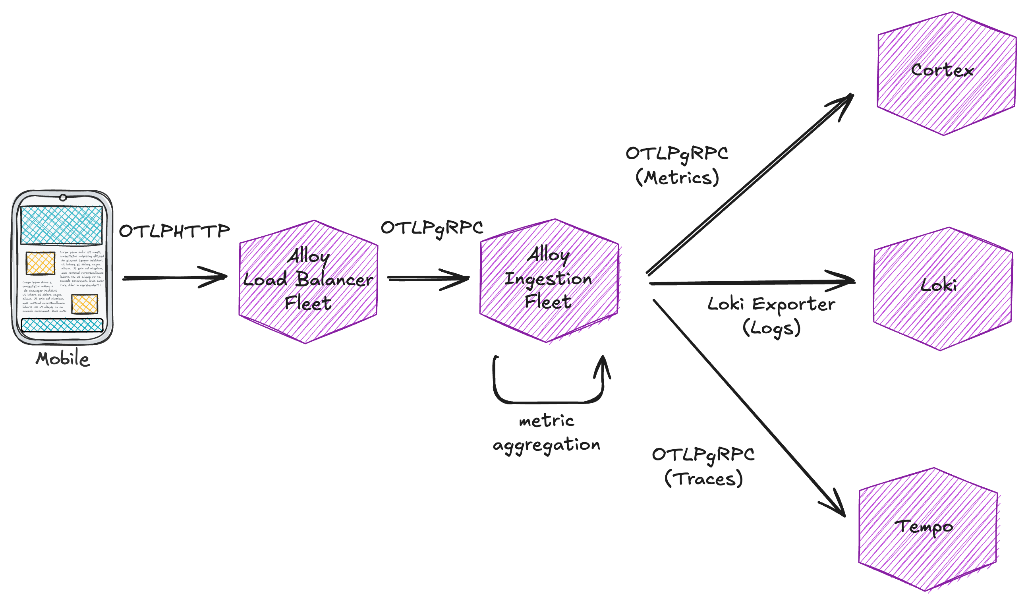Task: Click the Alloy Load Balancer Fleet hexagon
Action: point(308,282)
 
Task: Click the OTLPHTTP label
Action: point(175,231)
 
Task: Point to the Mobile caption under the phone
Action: point(62,359)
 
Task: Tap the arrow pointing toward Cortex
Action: point(751,184)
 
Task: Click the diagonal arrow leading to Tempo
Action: point(751,408)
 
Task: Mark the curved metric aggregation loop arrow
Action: point(547,402)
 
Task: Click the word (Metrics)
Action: point(677,178)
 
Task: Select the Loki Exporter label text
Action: point(771,304)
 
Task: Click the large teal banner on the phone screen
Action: point(62,225)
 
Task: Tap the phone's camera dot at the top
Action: point(63,198)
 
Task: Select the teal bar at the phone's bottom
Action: point(62,325)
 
